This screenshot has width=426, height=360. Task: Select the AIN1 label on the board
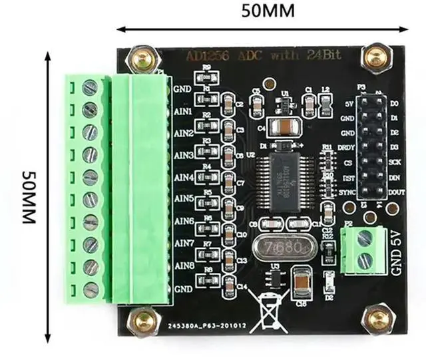coord(183,111)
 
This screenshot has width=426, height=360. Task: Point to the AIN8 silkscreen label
coord(183,266)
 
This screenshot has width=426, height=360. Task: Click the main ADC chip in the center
coord(288,170)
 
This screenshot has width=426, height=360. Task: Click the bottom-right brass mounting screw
coord(378,319)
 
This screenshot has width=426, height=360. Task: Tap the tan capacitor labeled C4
coord(284,126)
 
